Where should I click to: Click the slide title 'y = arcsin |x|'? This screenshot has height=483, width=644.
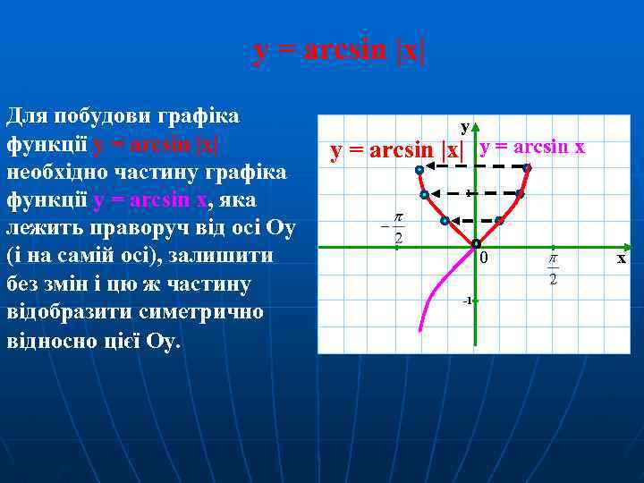coord(340,51)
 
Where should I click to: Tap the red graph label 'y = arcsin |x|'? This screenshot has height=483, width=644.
coord(397,150)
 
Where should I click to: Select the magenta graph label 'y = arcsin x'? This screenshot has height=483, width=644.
coord(532,147)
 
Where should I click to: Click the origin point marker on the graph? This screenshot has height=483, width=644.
coord(476,243)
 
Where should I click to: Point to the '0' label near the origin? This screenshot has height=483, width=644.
coord(484,258)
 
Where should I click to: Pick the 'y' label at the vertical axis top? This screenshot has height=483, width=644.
coord(464,126)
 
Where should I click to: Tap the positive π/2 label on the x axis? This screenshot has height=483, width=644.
coord(553,267)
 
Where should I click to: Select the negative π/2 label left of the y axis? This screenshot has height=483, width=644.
coord(394,228)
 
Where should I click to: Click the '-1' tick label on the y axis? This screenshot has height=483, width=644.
coord(467,301)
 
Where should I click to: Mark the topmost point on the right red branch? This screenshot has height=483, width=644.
coord(527,168)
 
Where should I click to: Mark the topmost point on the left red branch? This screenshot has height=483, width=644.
coord(419,169)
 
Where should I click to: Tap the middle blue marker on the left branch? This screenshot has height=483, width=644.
coord(424,194)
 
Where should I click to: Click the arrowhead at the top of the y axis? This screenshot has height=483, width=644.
coord(476,130)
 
